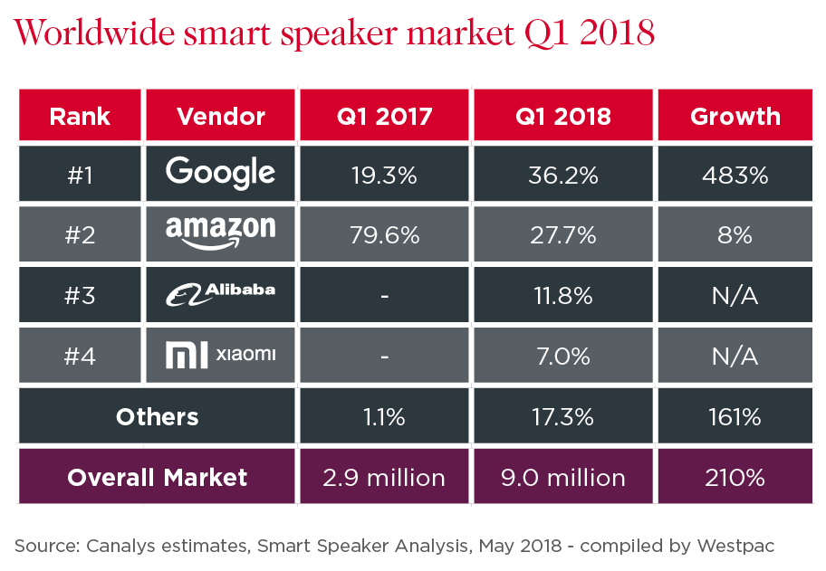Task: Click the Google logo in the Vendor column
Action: coord(221,174)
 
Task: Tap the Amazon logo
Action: coord(221,234)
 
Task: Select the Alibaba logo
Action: coord(221,293)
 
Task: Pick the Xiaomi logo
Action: coord(221,355)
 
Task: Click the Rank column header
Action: coord(80,116)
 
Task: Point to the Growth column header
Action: coord(735,116)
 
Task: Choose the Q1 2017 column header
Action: coord(385,116)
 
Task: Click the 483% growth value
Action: coord(735,175)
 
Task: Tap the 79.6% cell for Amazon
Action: coord(385,235)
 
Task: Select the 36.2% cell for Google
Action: coord(563,175)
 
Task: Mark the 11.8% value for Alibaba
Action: coord(563,296)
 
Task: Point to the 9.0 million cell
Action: coord(563,477)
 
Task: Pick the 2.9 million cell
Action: coord(385,477)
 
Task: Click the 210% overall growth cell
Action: coord(735,477)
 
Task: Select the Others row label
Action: coord(157,416)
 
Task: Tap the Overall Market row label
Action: coord(157,477)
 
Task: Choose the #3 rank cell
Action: coord(80,296)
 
